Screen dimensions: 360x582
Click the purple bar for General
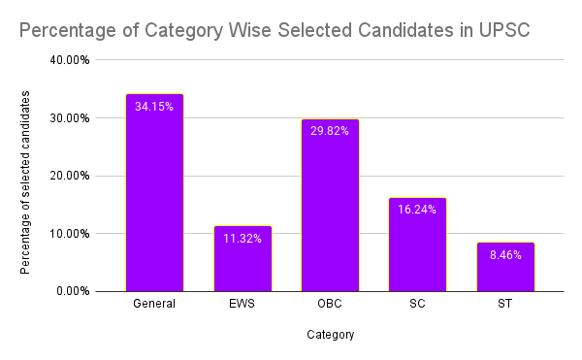[154, 194]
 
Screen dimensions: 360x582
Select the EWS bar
[242, 260]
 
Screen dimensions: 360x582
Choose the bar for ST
[504, 268]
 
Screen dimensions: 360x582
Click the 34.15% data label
[154, 107]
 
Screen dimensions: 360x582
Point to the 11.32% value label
[242, 239]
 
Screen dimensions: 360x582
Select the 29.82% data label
[330, 131]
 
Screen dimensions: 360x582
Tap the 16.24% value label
[417, 210]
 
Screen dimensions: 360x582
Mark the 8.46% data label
[504, 255]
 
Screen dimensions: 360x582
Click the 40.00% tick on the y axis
[70, 60]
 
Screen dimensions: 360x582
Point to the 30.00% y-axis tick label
[70, 118]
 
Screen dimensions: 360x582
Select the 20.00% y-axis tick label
[70, 176]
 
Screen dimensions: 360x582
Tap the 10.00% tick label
[70, 233]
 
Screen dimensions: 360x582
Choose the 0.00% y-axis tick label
[73, 290]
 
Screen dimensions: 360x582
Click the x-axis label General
[154, 305]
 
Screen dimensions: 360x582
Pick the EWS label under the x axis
[242, 305]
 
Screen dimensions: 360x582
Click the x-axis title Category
[330, 336]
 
